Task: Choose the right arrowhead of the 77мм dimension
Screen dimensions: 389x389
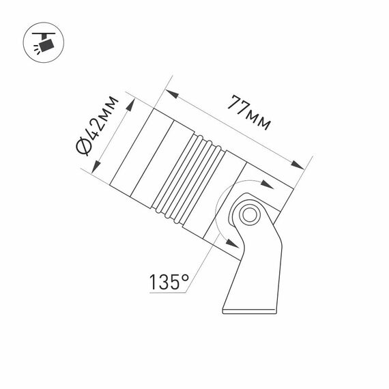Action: (x=298, y=165)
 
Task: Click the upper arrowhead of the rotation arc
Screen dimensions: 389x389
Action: (x=255, y=182)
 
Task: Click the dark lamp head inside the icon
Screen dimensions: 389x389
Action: (x=46, y=46)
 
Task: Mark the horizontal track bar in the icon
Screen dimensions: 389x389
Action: (x=45, y=31)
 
